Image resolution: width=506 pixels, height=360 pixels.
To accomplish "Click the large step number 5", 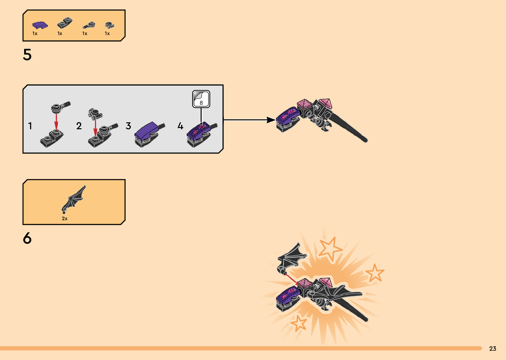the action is (x=27, y=55).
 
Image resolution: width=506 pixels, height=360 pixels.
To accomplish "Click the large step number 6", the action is (x=27, y=238).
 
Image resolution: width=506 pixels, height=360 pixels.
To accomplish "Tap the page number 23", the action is (x=493, y=348).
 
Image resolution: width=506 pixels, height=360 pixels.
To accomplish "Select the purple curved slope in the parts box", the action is (x=40, y=25).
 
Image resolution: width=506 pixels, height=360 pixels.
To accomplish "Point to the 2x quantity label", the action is (x=64, y=219).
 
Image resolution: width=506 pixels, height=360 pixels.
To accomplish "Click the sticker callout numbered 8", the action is (x=201, y=99).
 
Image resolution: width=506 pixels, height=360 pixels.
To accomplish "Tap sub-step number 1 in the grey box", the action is (x=30, y=126).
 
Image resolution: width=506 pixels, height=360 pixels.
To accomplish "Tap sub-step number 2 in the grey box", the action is (x=79, y=126).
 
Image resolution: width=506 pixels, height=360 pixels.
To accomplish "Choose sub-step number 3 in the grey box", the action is (x=128, y=126).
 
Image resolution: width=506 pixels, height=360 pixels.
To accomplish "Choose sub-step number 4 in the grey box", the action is (x=180, y=126).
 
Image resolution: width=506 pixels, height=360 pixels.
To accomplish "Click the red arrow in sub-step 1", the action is (x=56, y=122).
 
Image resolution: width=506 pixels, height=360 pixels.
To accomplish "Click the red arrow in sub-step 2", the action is (x=95, y=128).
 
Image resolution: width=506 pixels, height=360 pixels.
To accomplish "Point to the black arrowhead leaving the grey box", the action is (x=271, y=120).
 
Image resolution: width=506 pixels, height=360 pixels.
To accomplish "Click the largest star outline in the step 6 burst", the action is (x=331, y=249).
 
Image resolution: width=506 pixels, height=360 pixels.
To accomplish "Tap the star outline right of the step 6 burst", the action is (x=375, y=273).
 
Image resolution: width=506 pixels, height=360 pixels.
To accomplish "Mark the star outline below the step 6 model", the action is (x=299, y=323).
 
